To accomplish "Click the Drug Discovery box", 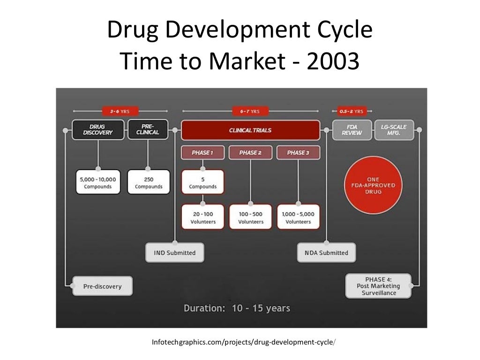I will pos(98,129).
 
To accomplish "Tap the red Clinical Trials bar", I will pos(250,130).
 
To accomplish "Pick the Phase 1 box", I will pos(202,153).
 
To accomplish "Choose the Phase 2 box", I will pos(250,153).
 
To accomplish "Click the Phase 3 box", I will pos(298,153).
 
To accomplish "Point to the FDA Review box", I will pos(352,130).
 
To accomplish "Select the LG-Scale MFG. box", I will pos(394,130).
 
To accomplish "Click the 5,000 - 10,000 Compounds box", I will pos(98,182).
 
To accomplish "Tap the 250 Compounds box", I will pos(149,182).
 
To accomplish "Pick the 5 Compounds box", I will pos(202,182).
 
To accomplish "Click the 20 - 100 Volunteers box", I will pos(202,217).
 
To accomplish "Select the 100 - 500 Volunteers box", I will pos(251,217).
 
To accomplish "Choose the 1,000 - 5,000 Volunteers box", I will pos(298,217).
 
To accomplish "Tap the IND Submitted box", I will pos(175,253).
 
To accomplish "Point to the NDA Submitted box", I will pos(327,253).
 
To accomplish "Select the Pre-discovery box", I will pos(102,286).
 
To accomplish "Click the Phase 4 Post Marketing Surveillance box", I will pos(378,286).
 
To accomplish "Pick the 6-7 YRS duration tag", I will pos(250,112).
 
